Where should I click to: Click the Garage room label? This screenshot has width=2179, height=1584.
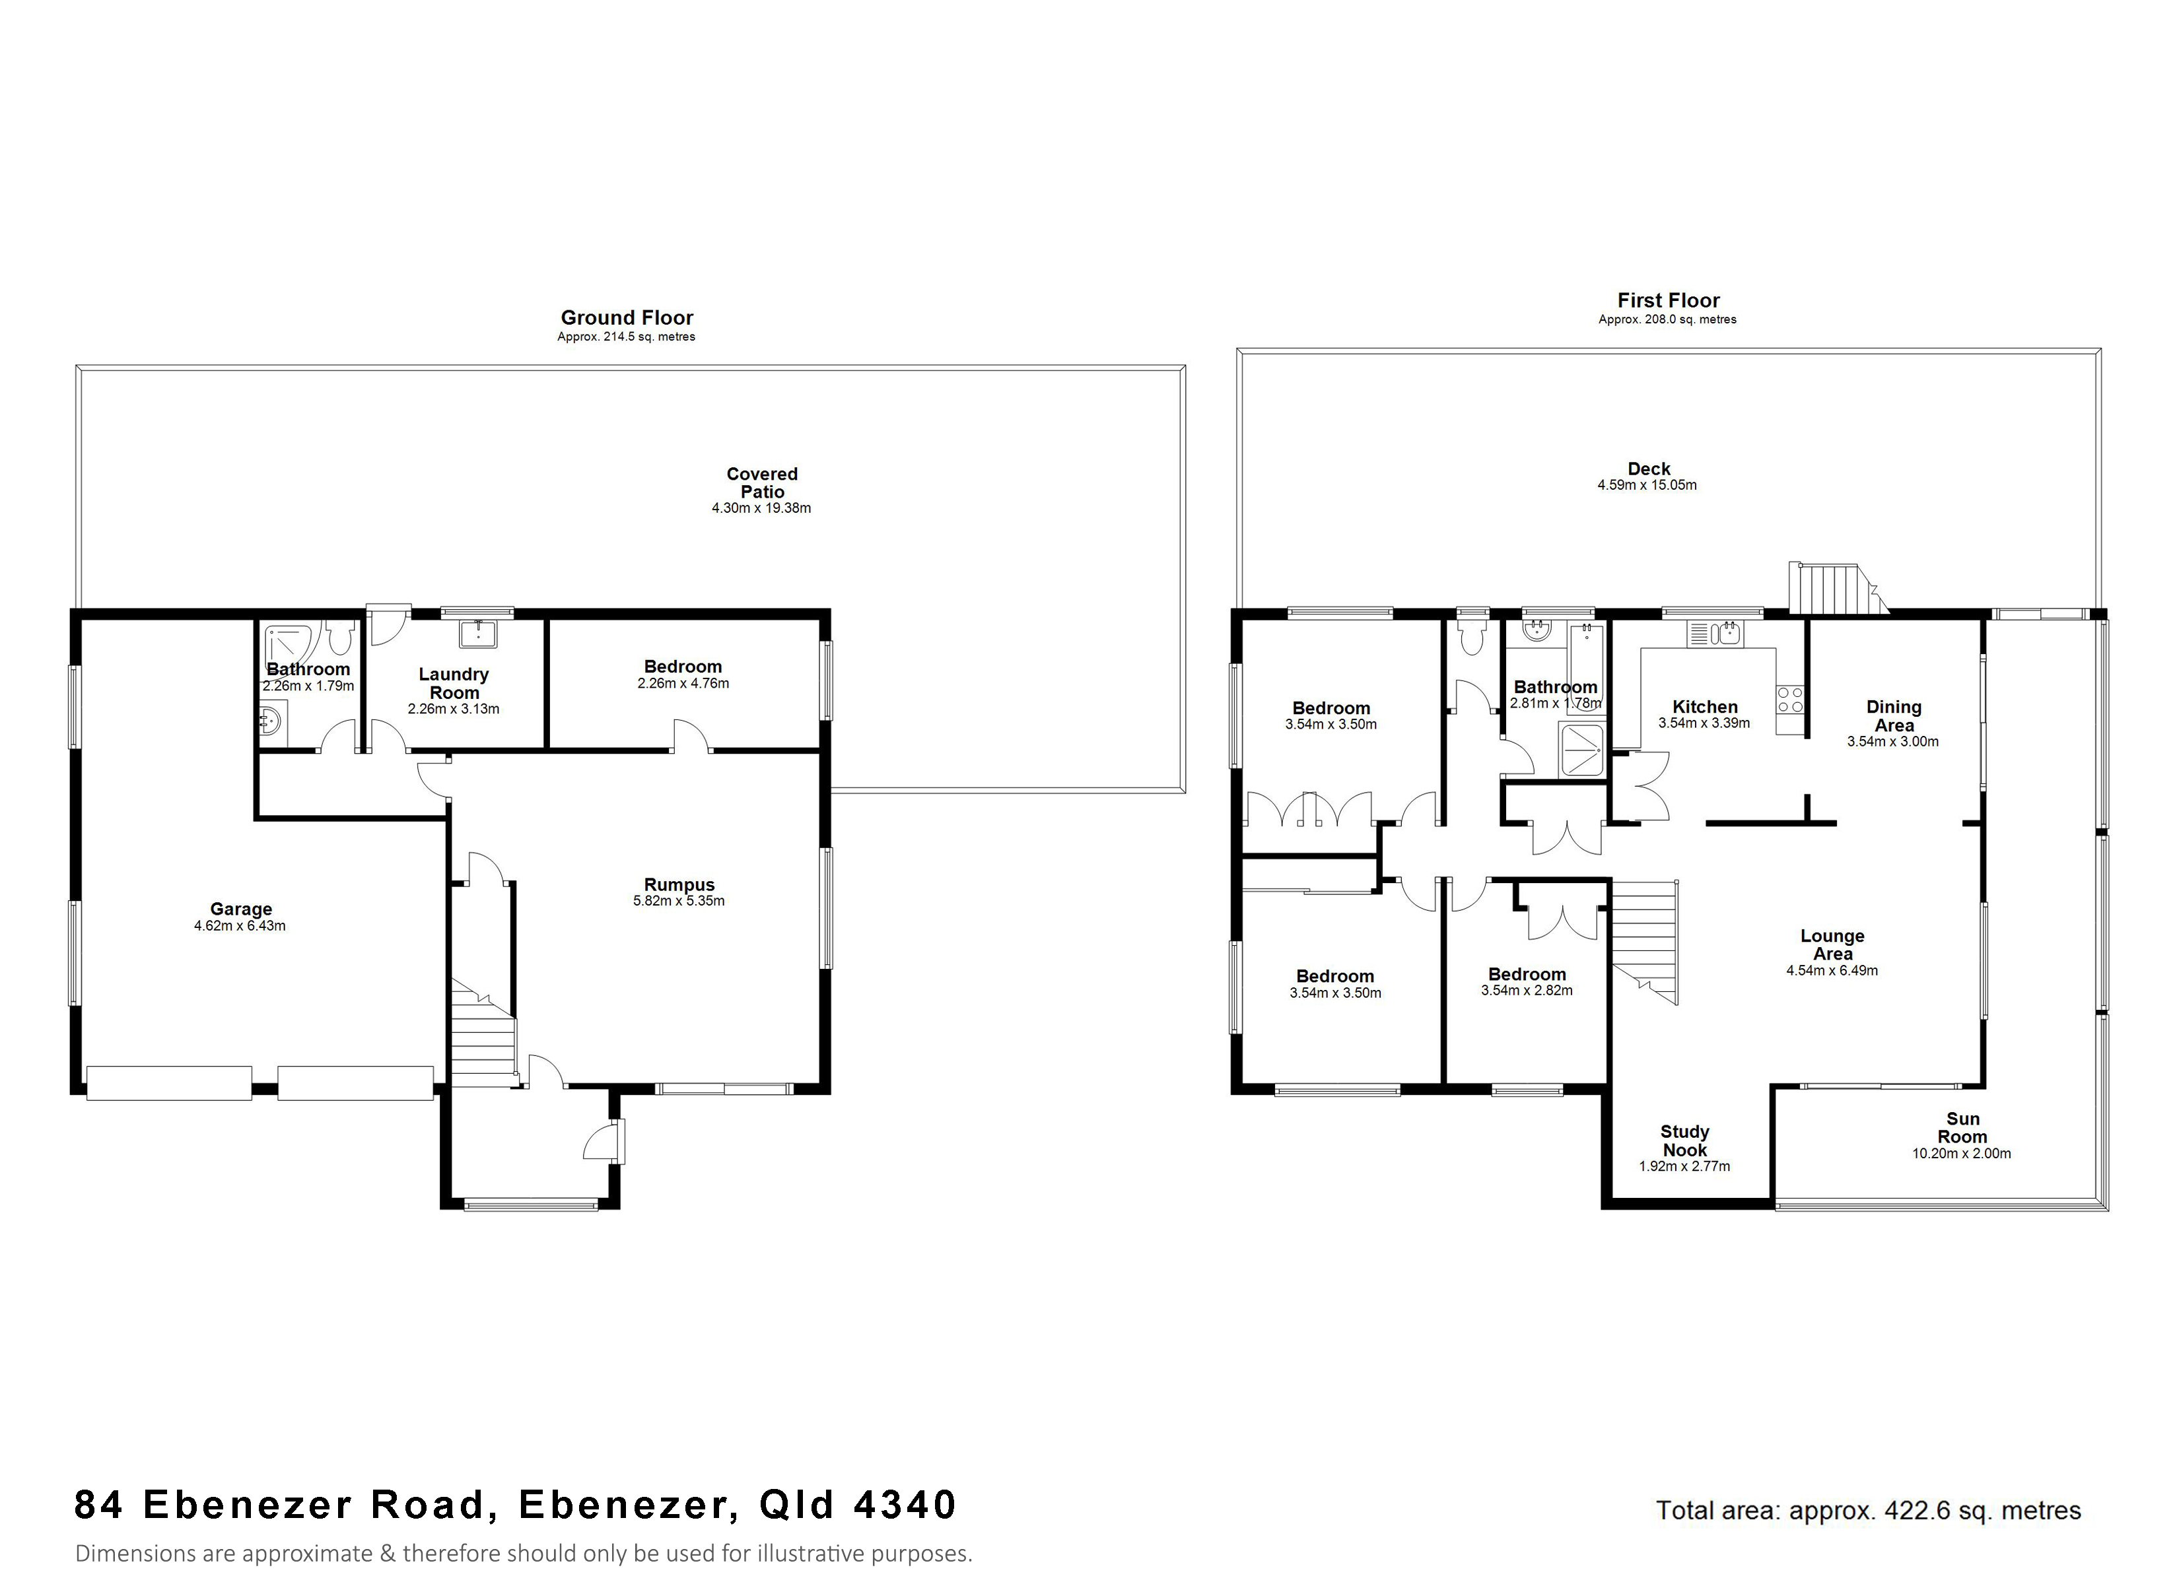coord(241,909)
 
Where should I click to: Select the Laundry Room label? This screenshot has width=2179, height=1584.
coord(454,683)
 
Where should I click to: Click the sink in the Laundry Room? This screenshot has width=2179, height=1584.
coord(477,633)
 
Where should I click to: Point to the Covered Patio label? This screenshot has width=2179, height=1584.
coord(762,482)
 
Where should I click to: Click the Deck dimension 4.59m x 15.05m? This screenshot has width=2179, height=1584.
coord(1647,485)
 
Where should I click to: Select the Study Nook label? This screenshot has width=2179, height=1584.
coord(1684,1140)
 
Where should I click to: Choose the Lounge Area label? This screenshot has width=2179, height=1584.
coord(1832,944)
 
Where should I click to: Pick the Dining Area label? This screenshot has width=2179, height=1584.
coord(1894,715)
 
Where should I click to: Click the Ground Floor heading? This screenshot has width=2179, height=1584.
coord(627,317)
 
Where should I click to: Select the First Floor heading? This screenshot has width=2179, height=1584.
coord(1668,300)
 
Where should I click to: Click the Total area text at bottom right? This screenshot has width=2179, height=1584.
coord(1868,1511)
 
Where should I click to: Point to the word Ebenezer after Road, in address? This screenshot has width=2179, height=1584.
coord(629,1504)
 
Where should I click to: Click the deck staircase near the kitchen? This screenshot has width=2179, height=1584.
coord(1830,588)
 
